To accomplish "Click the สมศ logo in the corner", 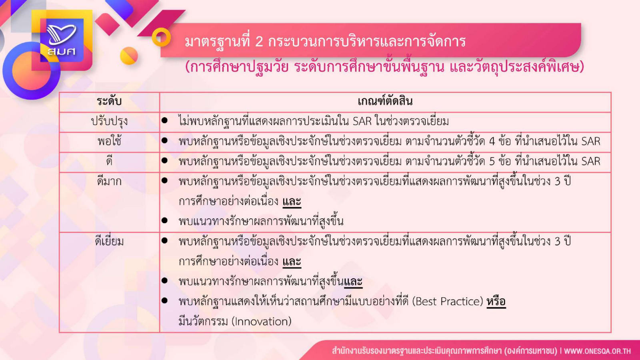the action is coord(62,40).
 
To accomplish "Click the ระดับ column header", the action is coord(109,102).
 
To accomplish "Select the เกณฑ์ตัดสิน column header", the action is coord(385,101).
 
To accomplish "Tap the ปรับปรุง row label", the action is coord(109,122).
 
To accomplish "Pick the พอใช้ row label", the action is coord(109,141).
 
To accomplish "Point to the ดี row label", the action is coord(109,161).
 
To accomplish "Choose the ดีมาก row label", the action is coord(109,181).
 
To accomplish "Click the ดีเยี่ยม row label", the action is coord(109,242).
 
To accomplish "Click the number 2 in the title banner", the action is coord(258,42).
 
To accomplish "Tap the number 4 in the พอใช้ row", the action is coord(492,142).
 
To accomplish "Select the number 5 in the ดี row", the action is coord(492,162).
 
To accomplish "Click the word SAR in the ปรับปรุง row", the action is coord(362,122).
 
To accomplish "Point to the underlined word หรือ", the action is coord(496,302).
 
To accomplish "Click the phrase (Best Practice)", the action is coord(448,302).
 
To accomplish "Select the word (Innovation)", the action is coord(261,322).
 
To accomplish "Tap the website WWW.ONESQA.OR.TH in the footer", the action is coord(597,351).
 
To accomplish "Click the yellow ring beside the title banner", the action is coord(161,37).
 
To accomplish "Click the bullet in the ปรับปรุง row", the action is coord(164,120).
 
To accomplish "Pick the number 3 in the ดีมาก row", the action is coord(558,182).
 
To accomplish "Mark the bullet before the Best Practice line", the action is coord(164,300).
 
